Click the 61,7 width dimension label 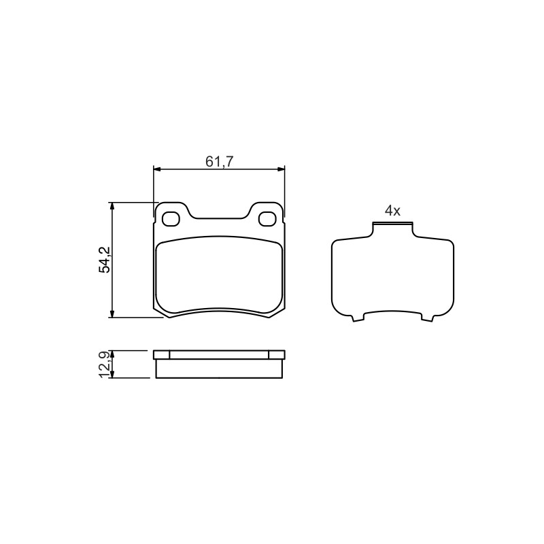tap(220, 161)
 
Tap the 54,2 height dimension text tap(105, 260)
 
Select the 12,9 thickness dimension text tap(105, 364)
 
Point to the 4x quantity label tap(392, 211)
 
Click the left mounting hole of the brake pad tap(171, 218)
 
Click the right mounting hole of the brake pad tap(267, 218)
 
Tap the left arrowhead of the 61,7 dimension tap(158, 169)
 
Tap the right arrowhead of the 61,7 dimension tap(280, 169)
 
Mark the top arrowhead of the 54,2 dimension tap(112, 207)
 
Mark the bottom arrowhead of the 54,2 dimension tap(112, 313)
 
